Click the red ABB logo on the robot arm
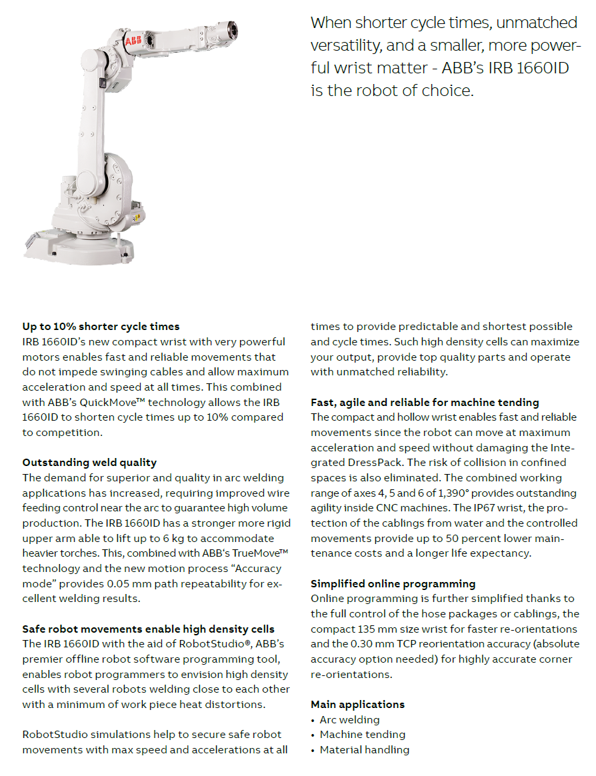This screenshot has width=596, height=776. pyautogui.click(x=133, y=41)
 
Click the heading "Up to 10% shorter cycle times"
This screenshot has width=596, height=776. pyautogui.click(x=101, y=327)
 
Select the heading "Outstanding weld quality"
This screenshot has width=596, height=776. pyautogui.click(x=89, y=463)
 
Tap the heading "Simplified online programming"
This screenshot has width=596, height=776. pyautogui.click(x=393, y=583)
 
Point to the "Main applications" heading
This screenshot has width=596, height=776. pyautogui.click(x=357, y=704)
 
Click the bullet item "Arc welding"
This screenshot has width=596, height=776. pyautogui.click(x=349, y=719)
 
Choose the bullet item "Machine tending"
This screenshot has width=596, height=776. pyautogui.click(x=362, y=735)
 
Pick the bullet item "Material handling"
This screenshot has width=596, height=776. pyautogui.click(x=364, y=750)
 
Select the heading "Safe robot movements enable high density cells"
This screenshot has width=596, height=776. pyautogui.click(x=148, y=629)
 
